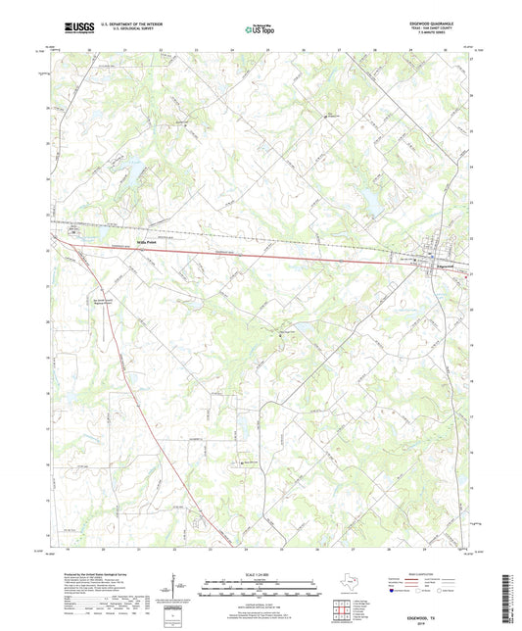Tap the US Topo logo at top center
pos(256,30)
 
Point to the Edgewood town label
pos(444,266)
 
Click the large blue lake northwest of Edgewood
pos(372,202)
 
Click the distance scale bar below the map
pos(259,589)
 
